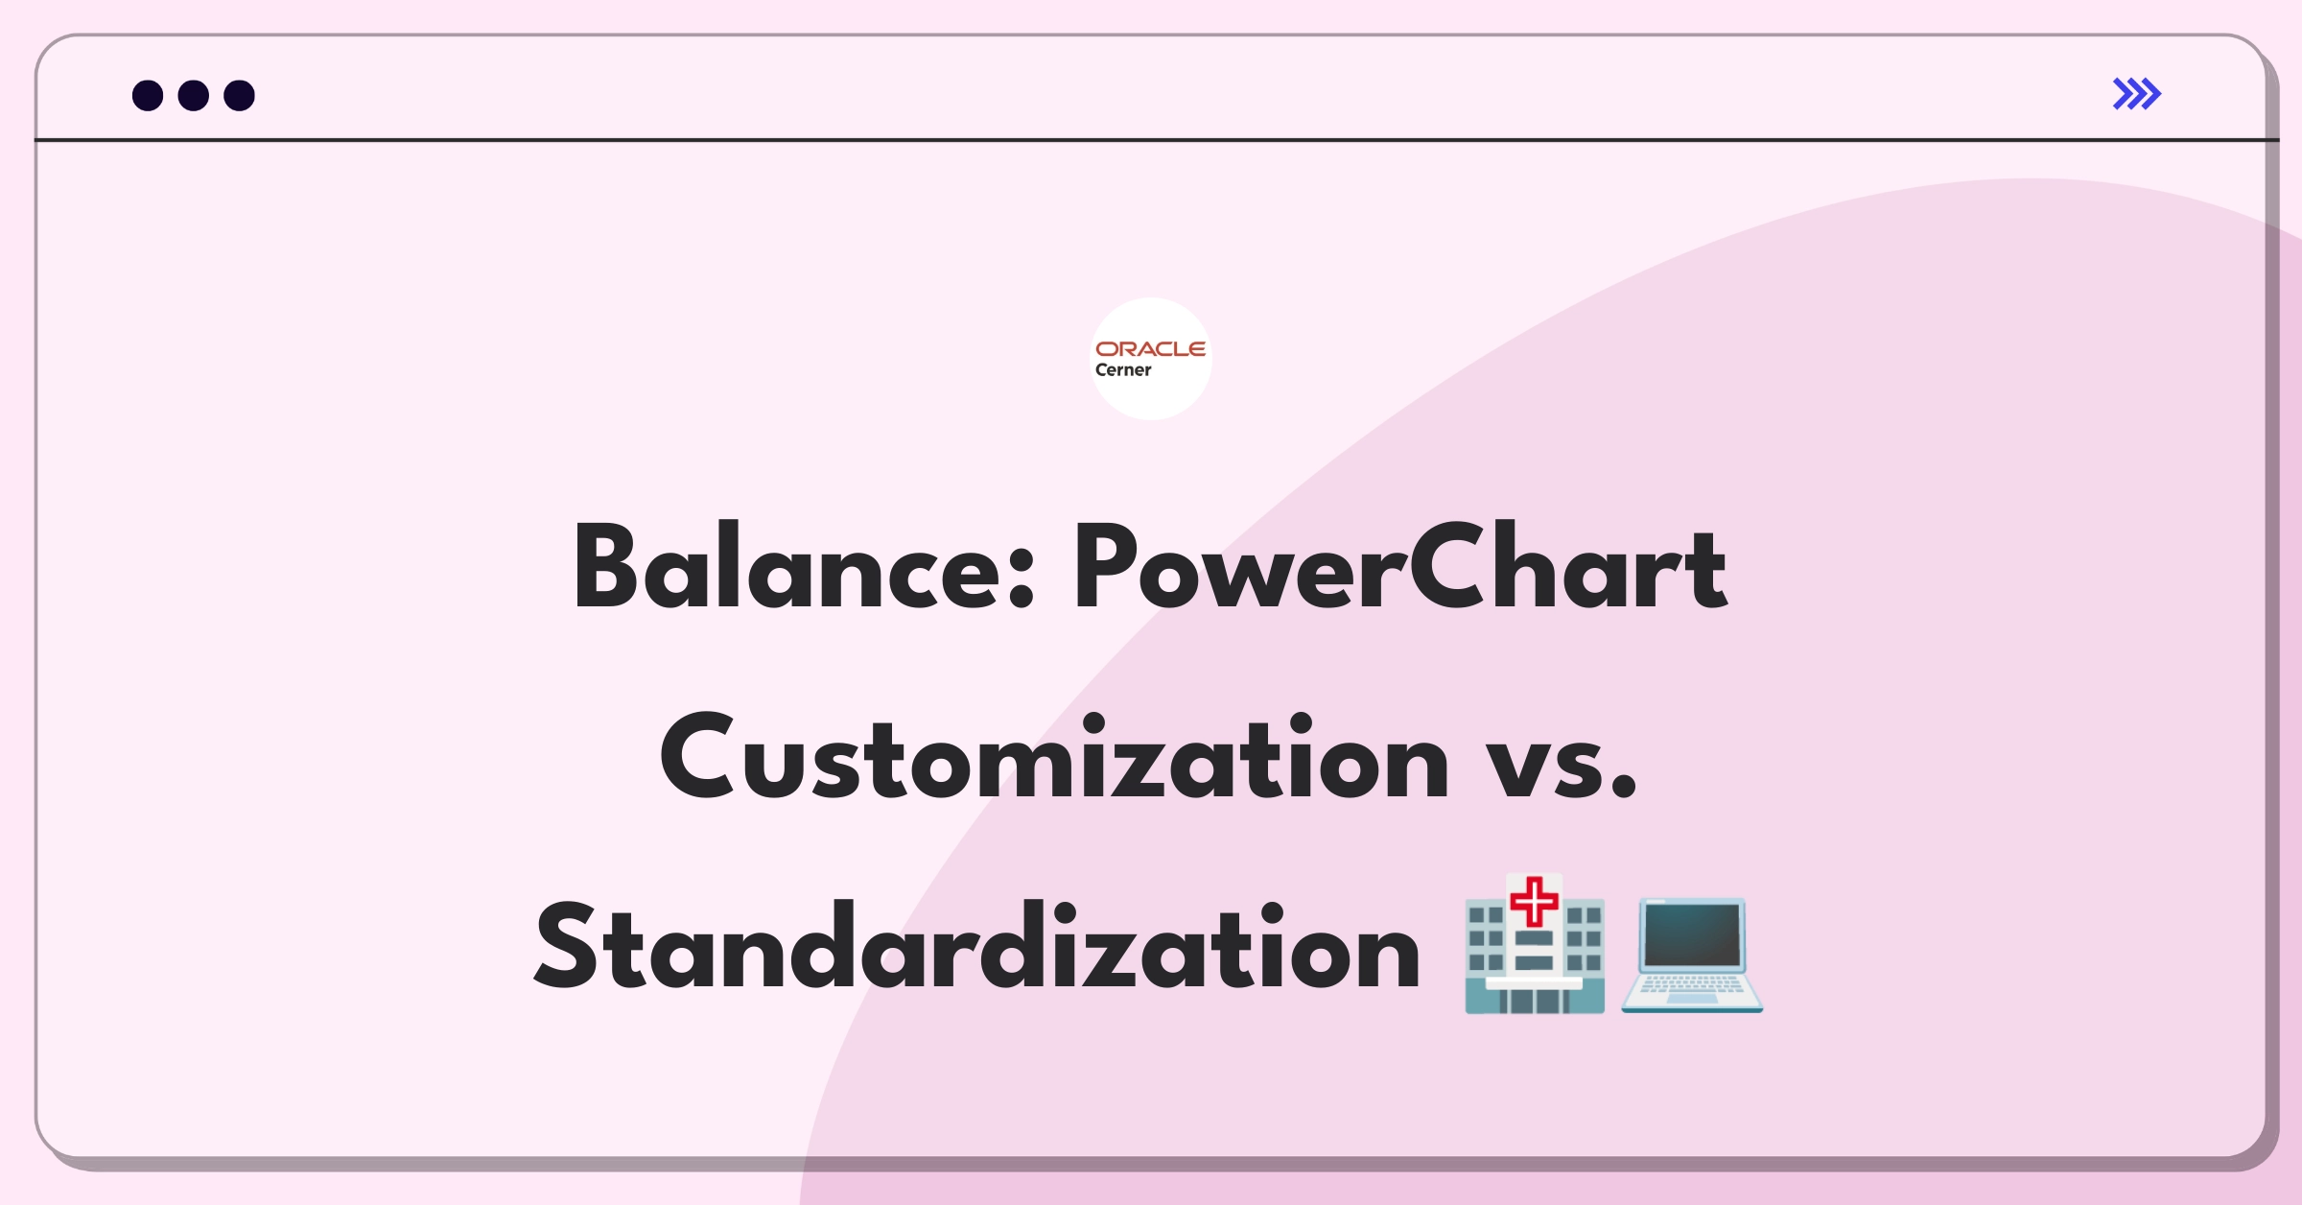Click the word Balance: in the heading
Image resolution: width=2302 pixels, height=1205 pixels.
click(x=803, y=567)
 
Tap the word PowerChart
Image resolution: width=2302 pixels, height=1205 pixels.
click(x=1400, y=567)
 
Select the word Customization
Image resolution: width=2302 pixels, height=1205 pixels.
click(x=1054, y=757)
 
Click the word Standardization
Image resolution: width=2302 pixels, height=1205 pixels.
click(x=976, y=946)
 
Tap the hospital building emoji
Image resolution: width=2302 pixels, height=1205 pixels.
click(x=1534, y=943)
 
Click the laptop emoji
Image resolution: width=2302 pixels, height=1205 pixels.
click(x=1692, y=955)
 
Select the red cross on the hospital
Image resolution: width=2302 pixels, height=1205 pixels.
click(x=1534, y=901)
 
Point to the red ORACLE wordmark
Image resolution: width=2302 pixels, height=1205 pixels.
click(x=1150, y=349)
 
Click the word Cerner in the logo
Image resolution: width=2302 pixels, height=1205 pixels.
click(x=1123, y=370)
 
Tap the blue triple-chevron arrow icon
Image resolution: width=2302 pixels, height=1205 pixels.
click(x=2137, y=94)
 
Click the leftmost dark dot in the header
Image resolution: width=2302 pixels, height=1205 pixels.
click(x=148, y=96)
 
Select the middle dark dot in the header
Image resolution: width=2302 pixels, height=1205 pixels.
click(x=194, y=96)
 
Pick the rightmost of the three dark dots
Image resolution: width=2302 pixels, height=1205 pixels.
click(x=240, y=96)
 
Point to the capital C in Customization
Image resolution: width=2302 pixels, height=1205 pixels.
click(x=697, y=757)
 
